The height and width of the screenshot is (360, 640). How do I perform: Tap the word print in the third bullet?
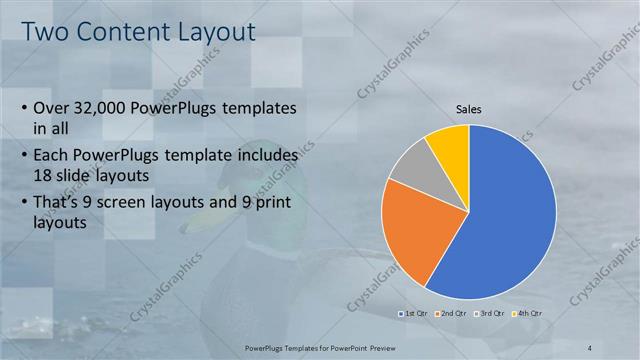[x=278, y=204]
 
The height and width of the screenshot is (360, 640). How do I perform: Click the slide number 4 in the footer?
[x=590, y=347]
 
